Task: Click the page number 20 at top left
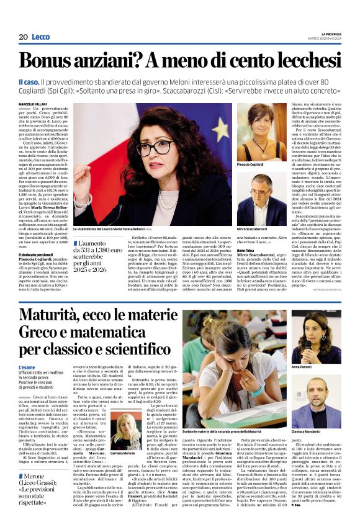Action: [23, 37]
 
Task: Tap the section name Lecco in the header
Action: [41, 37]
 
